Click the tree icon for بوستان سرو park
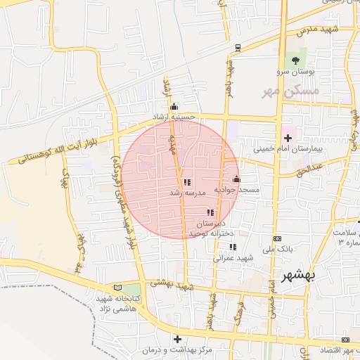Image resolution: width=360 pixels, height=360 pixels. point(296,60)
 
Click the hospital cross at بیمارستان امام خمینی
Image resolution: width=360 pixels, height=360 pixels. point(287,138)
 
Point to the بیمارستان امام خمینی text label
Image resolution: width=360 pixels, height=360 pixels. point(286,149)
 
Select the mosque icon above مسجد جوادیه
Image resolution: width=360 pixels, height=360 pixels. point(236,179)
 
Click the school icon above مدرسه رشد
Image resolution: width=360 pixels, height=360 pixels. point(186,181)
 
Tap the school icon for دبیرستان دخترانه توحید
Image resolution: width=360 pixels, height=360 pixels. point(210,212)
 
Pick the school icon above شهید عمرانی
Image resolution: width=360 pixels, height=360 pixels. point(233,247)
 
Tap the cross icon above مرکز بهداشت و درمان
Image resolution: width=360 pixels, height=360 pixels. point(177,339)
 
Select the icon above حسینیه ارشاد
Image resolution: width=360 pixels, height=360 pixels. point(174,106)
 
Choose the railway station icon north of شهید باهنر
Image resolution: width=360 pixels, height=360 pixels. point(238,48)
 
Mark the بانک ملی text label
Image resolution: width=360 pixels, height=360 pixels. point(276,249)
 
